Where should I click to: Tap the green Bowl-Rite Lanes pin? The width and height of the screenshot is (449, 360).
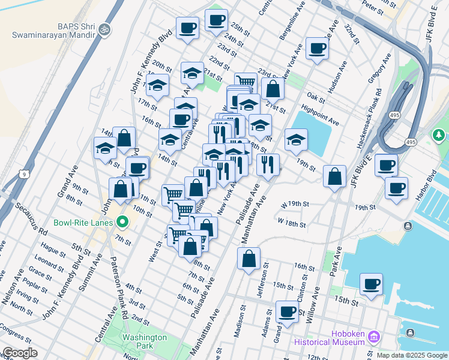click(x=123, y=223)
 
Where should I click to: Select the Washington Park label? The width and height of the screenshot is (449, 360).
click(x=144, y=341)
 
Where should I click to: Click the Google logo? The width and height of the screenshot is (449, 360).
click(x=20, y=353)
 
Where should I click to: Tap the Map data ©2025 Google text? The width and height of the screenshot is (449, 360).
click(x=412, y=355)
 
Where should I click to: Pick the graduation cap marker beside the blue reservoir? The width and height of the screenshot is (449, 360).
click(x=296, y=141)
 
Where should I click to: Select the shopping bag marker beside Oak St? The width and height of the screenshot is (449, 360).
click(x=273, y=89)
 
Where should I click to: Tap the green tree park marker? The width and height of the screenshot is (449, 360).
click(x=439, y=135)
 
